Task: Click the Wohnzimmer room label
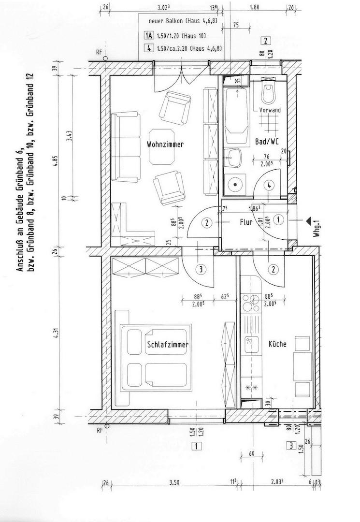pos(165,145)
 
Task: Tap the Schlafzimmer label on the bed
pos(168,345)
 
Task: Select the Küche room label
pos(277,344)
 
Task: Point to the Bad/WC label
pos(267,142)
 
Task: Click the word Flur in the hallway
pos(246,222)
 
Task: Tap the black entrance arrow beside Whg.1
pos(308,220)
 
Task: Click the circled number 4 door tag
pos(270,186)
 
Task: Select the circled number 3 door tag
pos(201,269)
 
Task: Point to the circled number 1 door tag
pos(278,220)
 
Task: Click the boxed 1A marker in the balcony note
pos(149,36)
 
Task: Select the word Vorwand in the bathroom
pos(270,110)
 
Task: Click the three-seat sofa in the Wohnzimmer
pos(126,147)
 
